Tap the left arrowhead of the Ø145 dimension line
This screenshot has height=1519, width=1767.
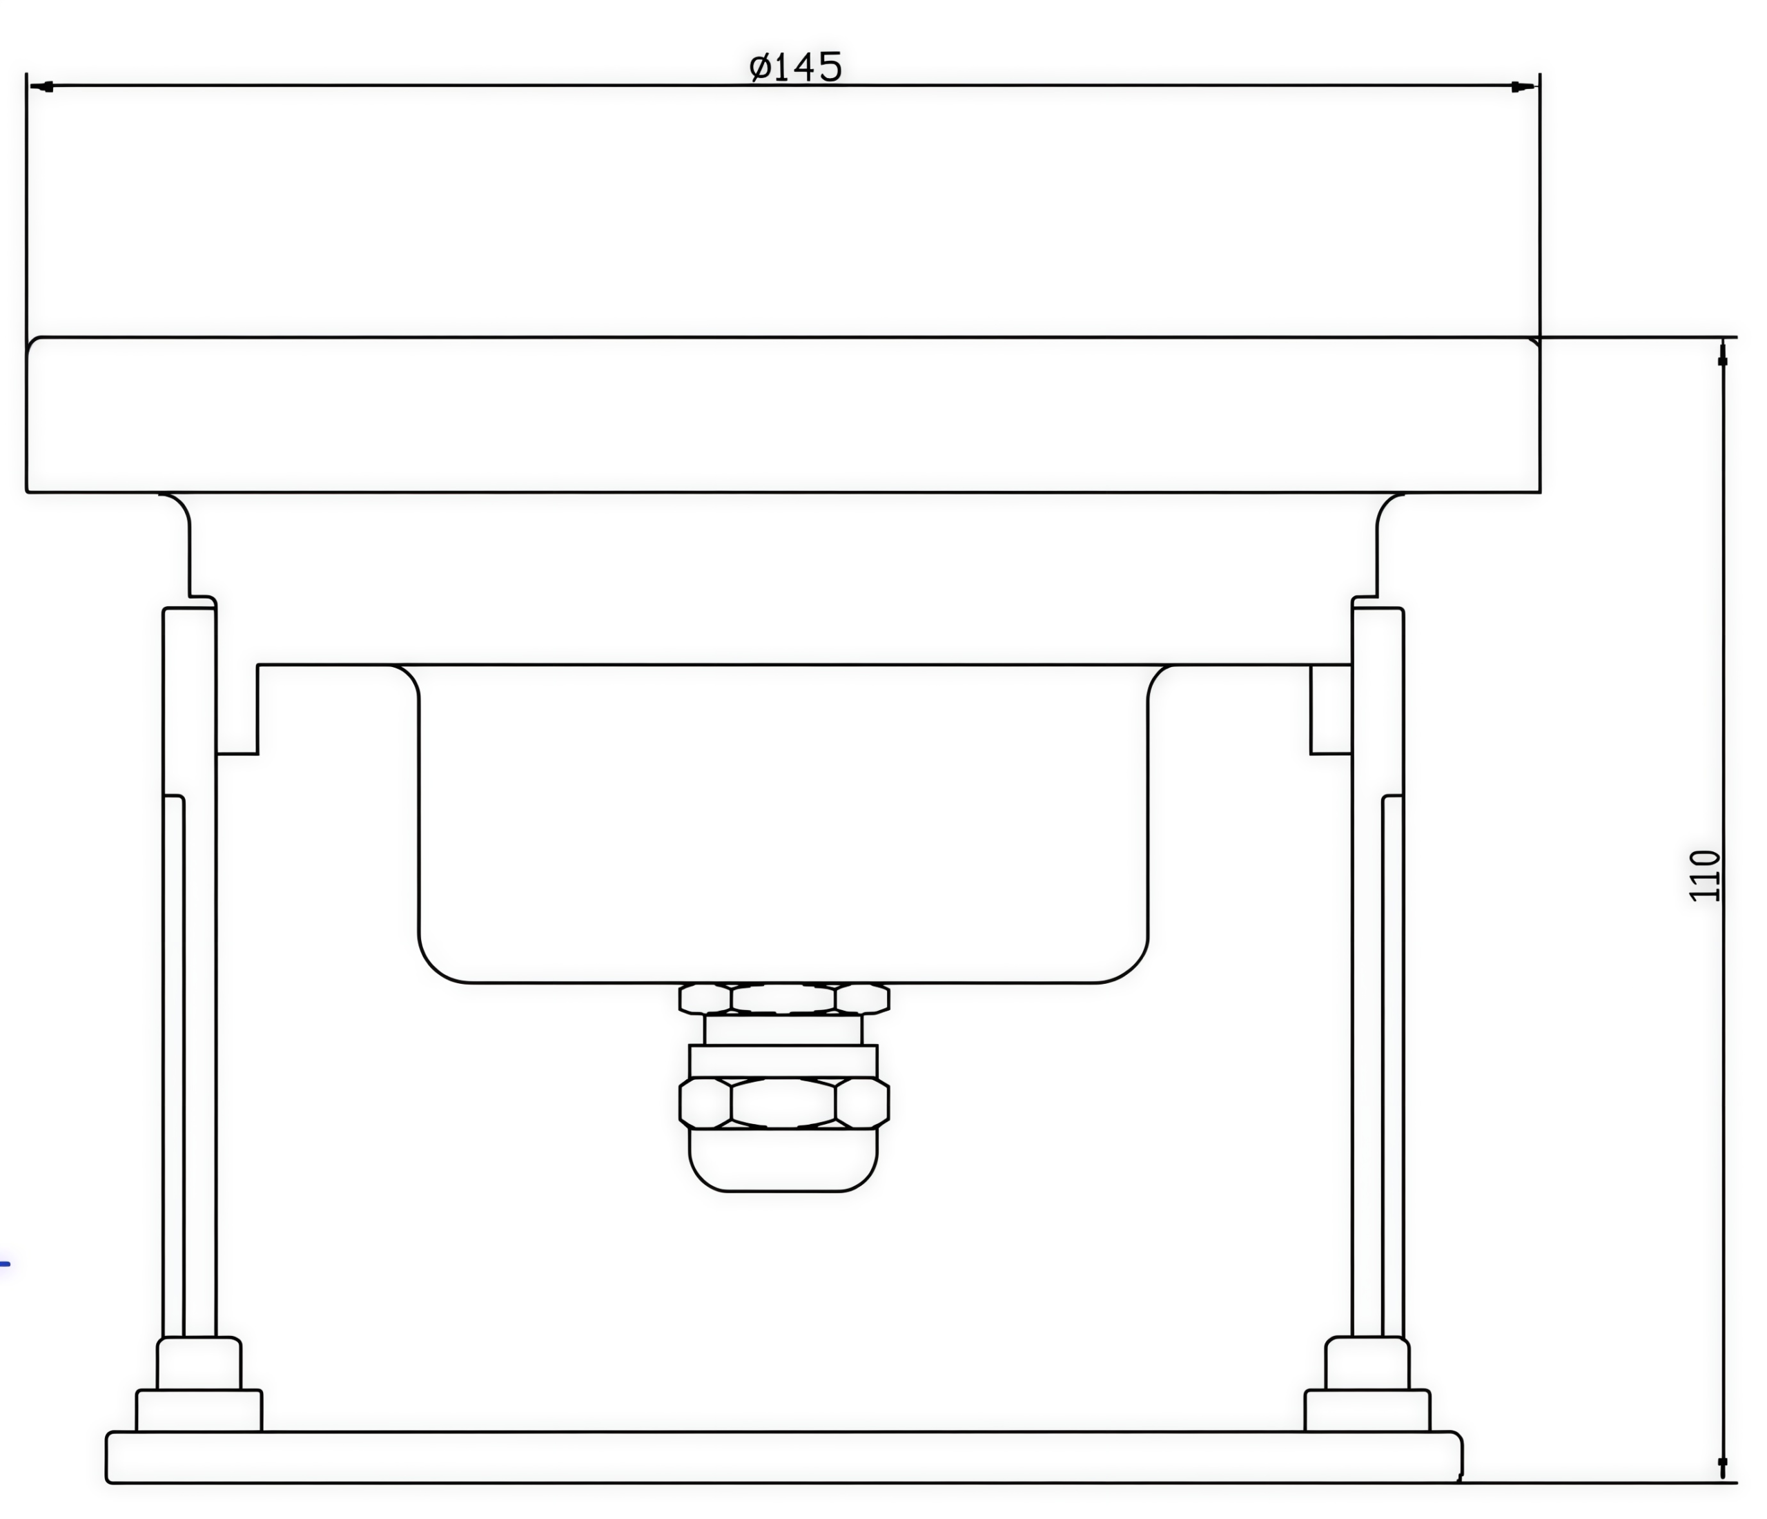click(42, 86)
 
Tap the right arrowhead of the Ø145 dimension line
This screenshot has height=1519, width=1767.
click(1523, 86)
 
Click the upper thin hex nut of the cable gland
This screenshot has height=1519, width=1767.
click(783, 998)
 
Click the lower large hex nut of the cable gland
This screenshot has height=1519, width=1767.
click(783, 1103)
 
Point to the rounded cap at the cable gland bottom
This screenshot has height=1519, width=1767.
click(783, 1160)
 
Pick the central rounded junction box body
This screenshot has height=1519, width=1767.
click(783, 823)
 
